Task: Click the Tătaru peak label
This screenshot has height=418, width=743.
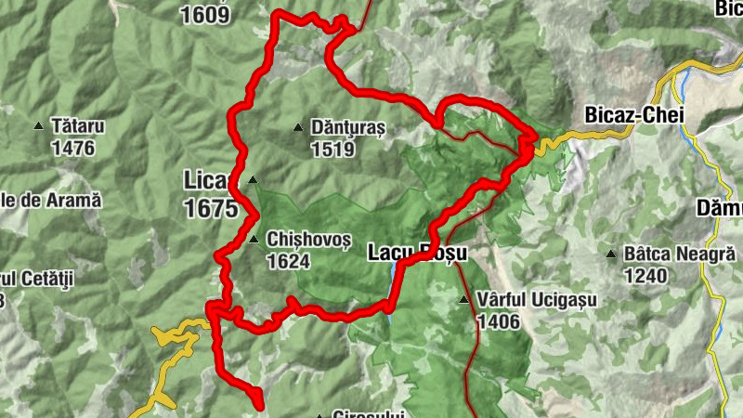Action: coord(80,124)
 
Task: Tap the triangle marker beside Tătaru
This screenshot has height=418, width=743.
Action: coord(39,125)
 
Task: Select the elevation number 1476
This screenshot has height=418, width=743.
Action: coord(74,147)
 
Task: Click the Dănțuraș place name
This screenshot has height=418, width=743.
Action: coord(348,127)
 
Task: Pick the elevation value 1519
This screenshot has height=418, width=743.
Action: coord(333,149)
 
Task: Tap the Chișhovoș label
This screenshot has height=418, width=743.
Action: coord(308,240)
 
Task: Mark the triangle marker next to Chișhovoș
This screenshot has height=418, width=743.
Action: coord(254,240)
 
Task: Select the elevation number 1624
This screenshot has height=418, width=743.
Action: coord(288,262)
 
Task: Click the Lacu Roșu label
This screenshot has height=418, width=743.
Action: coord(415,252)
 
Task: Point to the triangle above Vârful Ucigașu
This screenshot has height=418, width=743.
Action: coord(463,300)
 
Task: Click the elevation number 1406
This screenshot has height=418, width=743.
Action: coord(500,321)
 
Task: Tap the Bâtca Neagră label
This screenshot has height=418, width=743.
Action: coord(680,253)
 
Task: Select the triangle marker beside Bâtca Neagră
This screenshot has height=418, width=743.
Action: coord(611,254)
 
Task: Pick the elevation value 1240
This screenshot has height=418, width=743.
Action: coord(646,275)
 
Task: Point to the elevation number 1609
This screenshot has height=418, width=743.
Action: coord(206,13)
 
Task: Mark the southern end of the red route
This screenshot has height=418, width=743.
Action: coord(259,404)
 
